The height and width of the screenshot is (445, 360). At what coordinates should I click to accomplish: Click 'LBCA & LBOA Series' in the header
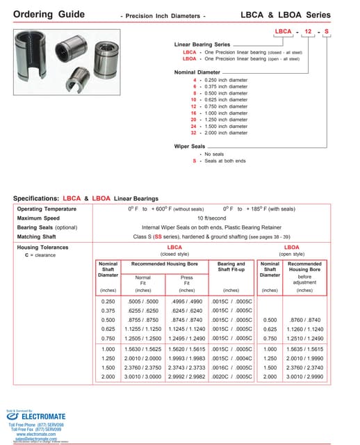[x=305, y=14]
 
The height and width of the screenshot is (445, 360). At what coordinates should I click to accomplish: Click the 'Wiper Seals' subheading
[x=190, y=147]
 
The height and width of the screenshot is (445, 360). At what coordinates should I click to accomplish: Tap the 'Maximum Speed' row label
[x=39, y=218]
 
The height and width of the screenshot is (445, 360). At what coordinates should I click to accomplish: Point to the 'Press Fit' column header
[x=187, y=280]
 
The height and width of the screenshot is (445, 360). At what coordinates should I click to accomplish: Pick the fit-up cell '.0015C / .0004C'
[x=231, y=355]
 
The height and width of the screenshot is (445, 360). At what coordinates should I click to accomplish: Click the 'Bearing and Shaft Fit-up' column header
[x=231, y=268]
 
